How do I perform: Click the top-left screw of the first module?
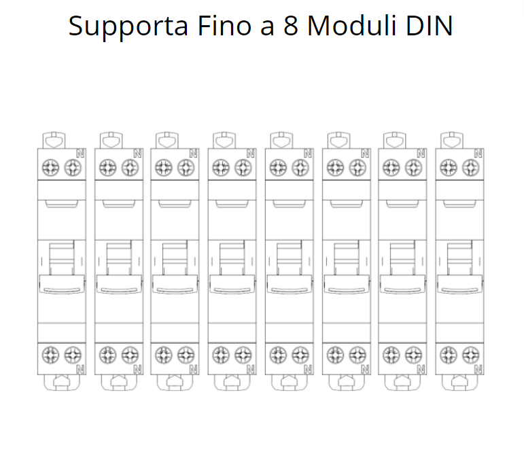coord(50,167)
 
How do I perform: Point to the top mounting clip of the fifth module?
coord(280,139)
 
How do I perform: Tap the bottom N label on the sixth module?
coord(365,369)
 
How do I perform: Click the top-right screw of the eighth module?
coord(470,167)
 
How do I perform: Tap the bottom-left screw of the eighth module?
coord(448,354)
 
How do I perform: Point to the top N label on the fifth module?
coord(308,154)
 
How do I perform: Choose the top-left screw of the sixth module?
coord(335,167)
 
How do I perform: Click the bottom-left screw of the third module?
coord(164,354)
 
